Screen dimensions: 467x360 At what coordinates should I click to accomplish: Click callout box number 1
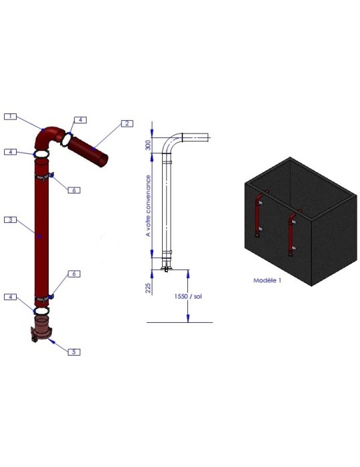(x=9, y=116)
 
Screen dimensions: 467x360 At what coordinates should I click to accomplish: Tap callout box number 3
(x=9, y=219)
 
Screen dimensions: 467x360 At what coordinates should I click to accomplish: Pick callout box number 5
(x=76, y=351)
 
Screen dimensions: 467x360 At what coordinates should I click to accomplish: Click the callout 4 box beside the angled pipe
(x=79, y=120)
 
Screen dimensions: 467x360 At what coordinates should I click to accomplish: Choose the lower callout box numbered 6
(x=75, y=274)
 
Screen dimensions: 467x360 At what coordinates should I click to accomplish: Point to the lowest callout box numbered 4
(x=10, y=297)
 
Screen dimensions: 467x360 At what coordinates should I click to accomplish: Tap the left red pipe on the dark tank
(x=259, y=217)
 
